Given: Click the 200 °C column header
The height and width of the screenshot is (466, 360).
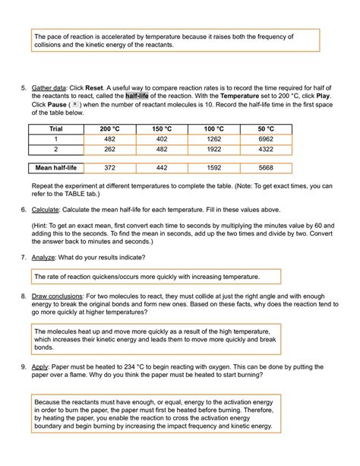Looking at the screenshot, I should pyautogui.click(x=110, y=129).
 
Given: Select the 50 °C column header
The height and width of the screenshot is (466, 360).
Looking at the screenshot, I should pyautogui.click(x=266, y=129).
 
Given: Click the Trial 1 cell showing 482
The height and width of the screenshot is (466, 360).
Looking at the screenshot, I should pyautogui.click(x=110, y=140).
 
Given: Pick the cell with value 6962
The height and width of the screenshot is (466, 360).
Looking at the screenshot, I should pyautogui.click(x=266, y=140).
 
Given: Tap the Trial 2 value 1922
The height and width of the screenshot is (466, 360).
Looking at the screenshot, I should pyautogui.click(x=214, y=151).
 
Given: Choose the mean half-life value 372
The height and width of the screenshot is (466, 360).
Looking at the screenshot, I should pyautogui.click(x=110, y=168).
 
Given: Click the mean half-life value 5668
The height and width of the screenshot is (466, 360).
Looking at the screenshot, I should pyautogui.click(x=266, y=168).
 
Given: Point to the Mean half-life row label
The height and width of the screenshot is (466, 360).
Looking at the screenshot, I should pyautogui.click(x=55, y=168).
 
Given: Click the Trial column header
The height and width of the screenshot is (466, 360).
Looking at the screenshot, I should pyautogui.click(x=55, y=129).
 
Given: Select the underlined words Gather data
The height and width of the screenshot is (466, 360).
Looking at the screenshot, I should pyautogui.click(x=49, y=87).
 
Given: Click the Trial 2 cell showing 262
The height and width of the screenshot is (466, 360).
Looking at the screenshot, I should pyautogui.click(x=110, y=151).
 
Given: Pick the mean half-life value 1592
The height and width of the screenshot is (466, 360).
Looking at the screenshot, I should pyautogui.click(x=214, y=168).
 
